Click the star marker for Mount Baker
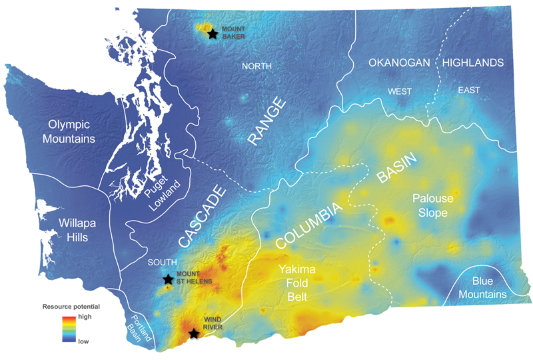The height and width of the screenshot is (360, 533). (x=213, y=33)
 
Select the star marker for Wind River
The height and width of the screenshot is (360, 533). (x=193, y=333)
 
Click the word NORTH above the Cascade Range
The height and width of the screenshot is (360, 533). (x=257, y=65)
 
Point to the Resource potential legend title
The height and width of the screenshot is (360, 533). (x=71, y=307)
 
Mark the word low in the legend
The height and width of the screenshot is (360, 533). (x=83, y=341)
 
